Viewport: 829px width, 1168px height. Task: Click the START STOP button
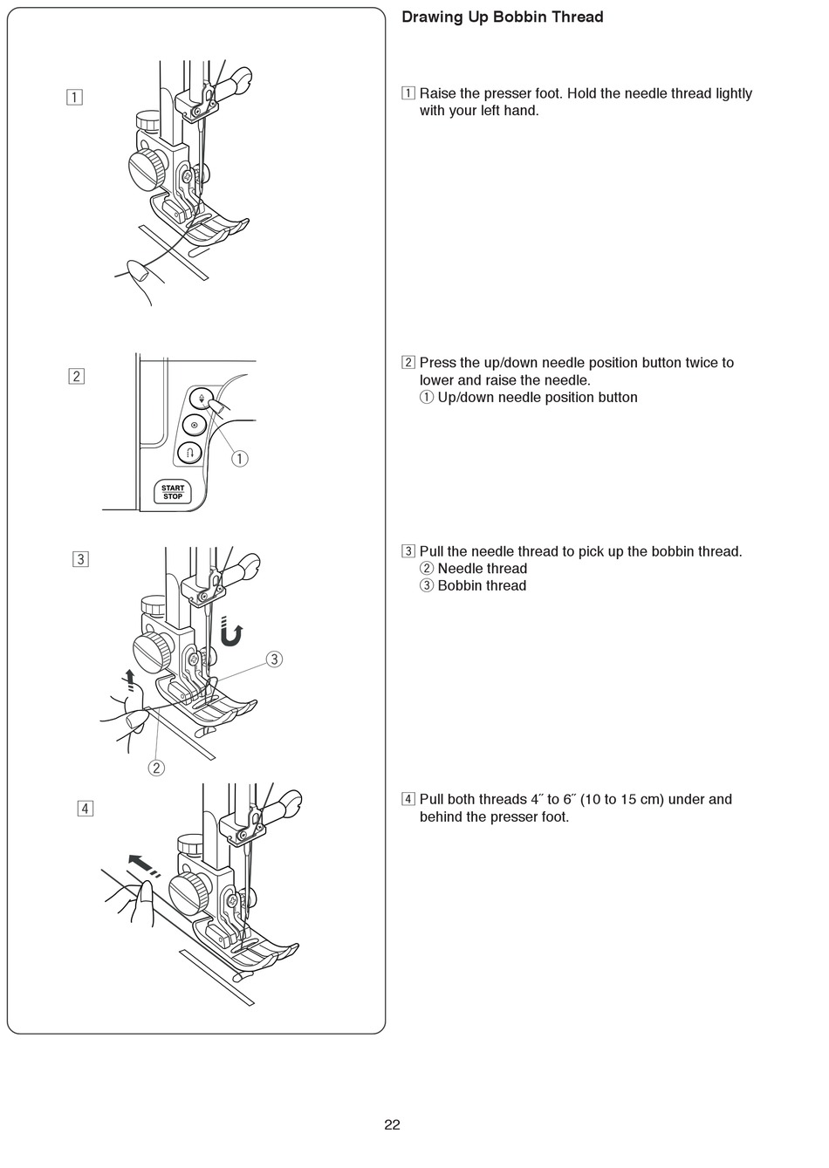tap(173, 493)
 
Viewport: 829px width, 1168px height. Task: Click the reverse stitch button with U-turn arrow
tap(190, 452)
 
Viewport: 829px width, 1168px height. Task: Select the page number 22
tap(392, 1124)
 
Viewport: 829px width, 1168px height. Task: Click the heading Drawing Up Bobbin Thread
tap(502, 17)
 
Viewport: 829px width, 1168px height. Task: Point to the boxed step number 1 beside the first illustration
tap(76, 97)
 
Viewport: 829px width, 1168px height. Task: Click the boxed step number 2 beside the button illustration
tap(76, 376)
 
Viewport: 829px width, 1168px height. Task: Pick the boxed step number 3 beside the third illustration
tap(80, 559)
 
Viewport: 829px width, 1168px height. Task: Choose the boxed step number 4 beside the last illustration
tap(85, 808)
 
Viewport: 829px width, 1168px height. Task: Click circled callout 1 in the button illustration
tap(239, 458)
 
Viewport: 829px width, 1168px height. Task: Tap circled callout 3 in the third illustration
tap(274, 659)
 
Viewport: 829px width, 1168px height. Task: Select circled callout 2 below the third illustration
tap(156, 768)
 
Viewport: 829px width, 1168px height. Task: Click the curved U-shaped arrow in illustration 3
tap(230, 632)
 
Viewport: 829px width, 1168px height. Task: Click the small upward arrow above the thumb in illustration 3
tap(130, 679)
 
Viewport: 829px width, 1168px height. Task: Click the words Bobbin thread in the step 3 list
tap(482, 585)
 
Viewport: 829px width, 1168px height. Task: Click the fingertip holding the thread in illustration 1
tap(138, 272)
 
